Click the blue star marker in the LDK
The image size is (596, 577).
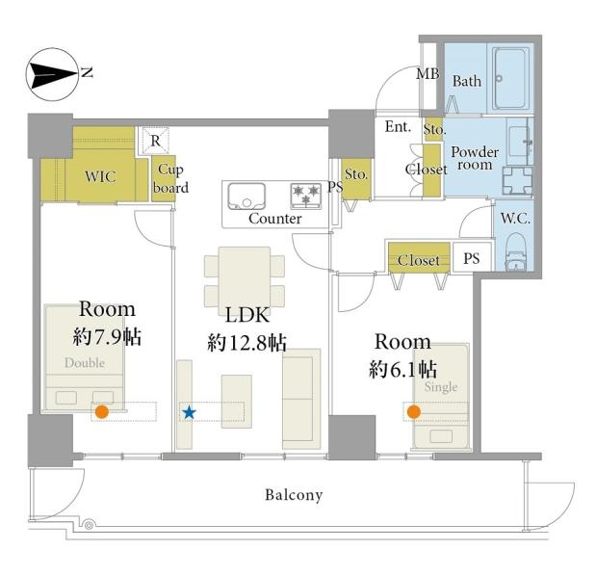click(189, 412)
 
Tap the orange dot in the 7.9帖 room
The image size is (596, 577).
click(101, 411)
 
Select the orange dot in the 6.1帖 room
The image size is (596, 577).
click(414, 411)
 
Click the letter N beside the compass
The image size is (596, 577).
click(88, 72)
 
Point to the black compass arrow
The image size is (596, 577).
click(52, 74)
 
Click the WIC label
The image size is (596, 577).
click(100, 176)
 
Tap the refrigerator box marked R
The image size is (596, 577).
click(155, 141)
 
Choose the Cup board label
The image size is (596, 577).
click(170, 178)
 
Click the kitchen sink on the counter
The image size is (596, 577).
click(246, 196)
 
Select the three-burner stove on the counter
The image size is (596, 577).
click(305, 196)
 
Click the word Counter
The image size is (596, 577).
click(274, 219)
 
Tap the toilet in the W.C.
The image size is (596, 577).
click(515, 251)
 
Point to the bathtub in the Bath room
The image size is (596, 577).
click(511, 78)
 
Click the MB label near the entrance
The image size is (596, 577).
click(428, 74)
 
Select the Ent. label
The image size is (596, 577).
click(398, 126)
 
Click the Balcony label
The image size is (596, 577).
click(294, 495)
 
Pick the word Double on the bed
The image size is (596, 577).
click(85, 362)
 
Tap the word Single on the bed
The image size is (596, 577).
click(441, 387)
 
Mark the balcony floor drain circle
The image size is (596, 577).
click(89, 526)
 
